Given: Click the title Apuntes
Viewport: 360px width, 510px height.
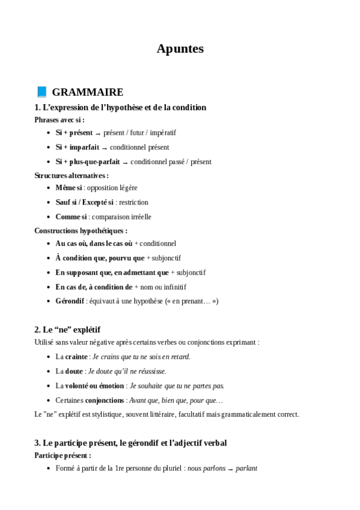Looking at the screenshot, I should point(180,49).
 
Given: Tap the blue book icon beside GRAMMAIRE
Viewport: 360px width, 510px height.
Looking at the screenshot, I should point(41,92).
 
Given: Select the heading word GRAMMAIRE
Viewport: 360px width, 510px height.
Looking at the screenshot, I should point(88,92).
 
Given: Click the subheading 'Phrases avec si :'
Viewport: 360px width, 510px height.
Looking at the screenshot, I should point(59,120).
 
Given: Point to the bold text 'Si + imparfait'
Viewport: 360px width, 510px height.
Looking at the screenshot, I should point(78,147).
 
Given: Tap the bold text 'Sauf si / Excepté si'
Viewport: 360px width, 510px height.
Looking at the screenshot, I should point(85,202).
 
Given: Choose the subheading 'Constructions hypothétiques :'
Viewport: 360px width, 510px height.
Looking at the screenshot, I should point(81,230).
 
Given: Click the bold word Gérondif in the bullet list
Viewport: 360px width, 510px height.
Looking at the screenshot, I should point(70,301).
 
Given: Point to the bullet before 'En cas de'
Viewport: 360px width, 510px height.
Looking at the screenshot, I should point(48,287).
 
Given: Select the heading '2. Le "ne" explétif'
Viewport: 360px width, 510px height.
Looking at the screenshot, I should point(67,330).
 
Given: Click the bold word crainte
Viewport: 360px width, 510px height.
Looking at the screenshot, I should point(76,357).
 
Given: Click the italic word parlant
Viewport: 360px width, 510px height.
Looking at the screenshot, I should point(246,467).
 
